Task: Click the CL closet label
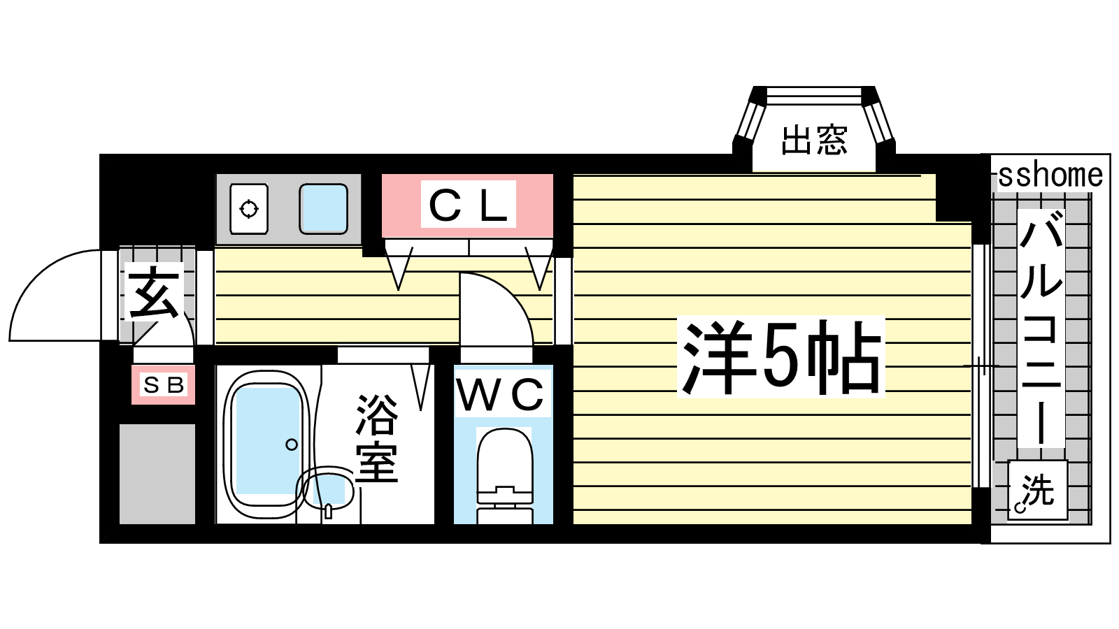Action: pyautogui.click(x=468, y=205)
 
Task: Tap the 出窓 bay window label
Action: pyautogui.click(x=814, y=140)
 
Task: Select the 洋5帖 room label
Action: pyautogui.click(x=781, y=357)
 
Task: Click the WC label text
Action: pyautogui.click(x=501, y=394)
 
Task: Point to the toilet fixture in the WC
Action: pyautogui.click(x=504, y=475)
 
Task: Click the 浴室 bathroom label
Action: pyautogui.click(x=377, y=438)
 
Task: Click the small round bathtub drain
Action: pyautogui.click(x=292, y=444)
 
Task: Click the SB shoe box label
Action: pyautogui.click(x=164, y=385)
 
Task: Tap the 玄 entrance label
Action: pyautogui.click(x=154, y=293)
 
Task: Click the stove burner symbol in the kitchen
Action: pyautogui.click(x=249, y=209)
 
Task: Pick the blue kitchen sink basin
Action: pyautogui.click(x=323, y=209)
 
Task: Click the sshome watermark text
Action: pyautogui.click(x=1050, y=175)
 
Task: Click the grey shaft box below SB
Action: pyautogui.click(x=157, y=474)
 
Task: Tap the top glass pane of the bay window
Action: pyautogui.click(x=814, y=96)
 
